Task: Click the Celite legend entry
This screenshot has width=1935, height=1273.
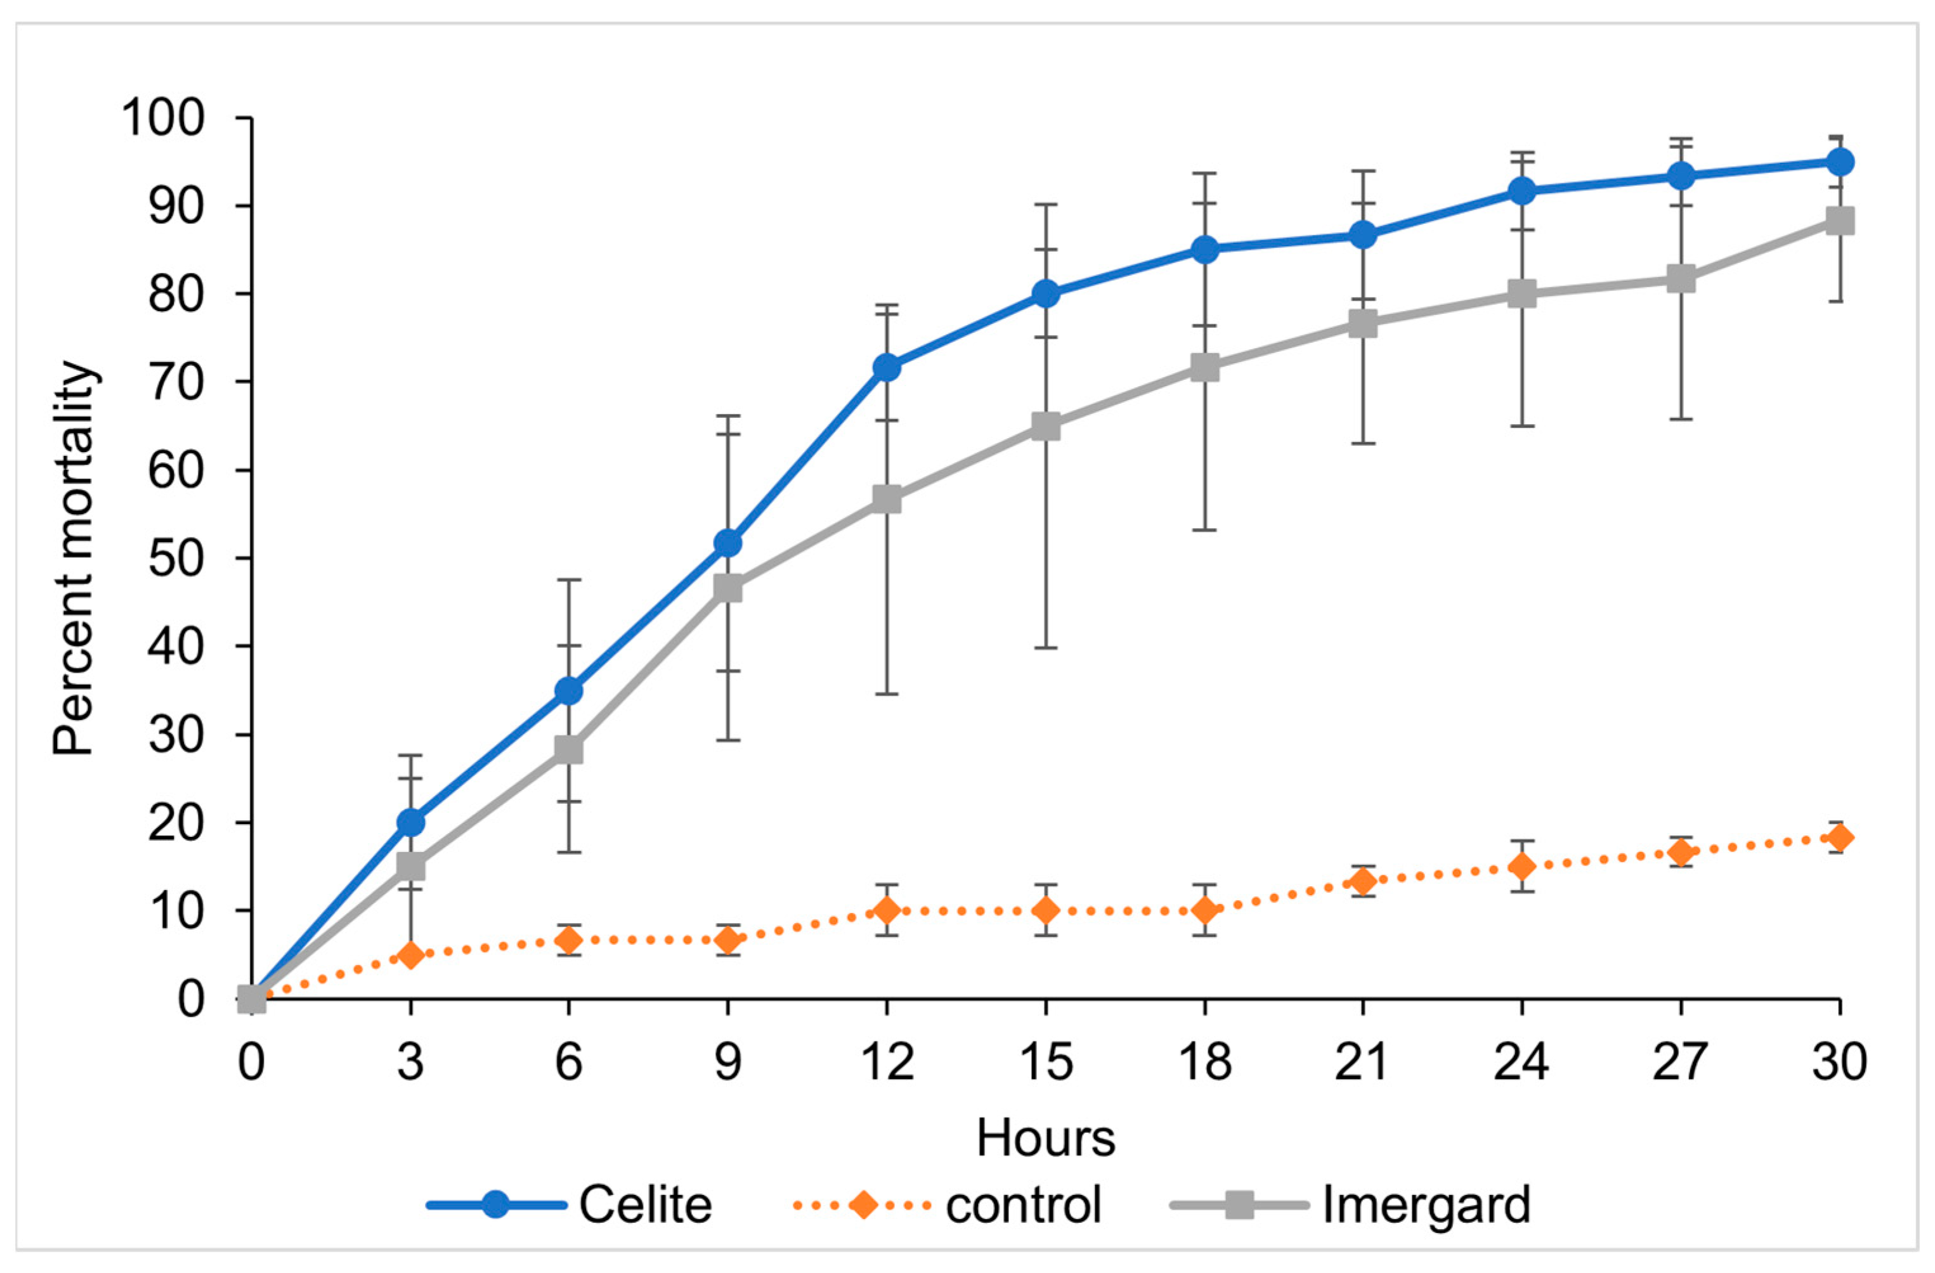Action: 569,1204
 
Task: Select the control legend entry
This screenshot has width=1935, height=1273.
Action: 947,1204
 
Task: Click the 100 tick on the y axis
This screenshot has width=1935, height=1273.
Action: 162,118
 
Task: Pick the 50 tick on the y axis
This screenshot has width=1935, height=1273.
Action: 176,559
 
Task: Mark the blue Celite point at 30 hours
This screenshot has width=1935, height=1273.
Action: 1840,162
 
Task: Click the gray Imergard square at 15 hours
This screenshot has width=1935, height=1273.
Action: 1046,426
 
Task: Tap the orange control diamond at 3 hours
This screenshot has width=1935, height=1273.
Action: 410,954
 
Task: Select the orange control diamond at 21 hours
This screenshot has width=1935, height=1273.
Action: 1364,881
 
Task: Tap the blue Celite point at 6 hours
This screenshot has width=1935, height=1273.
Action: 569,691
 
